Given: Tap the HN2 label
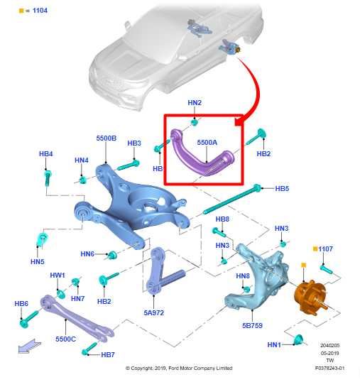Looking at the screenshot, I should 195,103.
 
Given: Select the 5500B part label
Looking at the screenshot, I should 106,138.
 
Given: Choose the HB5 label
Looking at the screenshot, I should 282,189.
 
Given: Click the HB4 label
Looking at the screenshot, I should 46,154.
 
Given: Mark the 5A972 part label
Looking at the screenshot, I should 154,311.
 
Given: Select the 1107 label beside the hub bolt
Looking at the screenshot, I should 325,249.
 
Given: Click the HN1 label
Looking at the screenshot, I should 274,344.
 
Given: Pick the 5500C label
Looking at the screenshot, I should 65,339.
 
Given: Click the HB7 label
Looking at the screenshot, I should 107,354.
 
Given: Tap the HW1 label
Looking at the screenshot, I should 58,275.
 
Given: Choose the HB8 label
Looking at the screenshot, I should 222,219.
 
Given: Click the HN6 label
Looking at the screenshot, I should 87,253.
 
